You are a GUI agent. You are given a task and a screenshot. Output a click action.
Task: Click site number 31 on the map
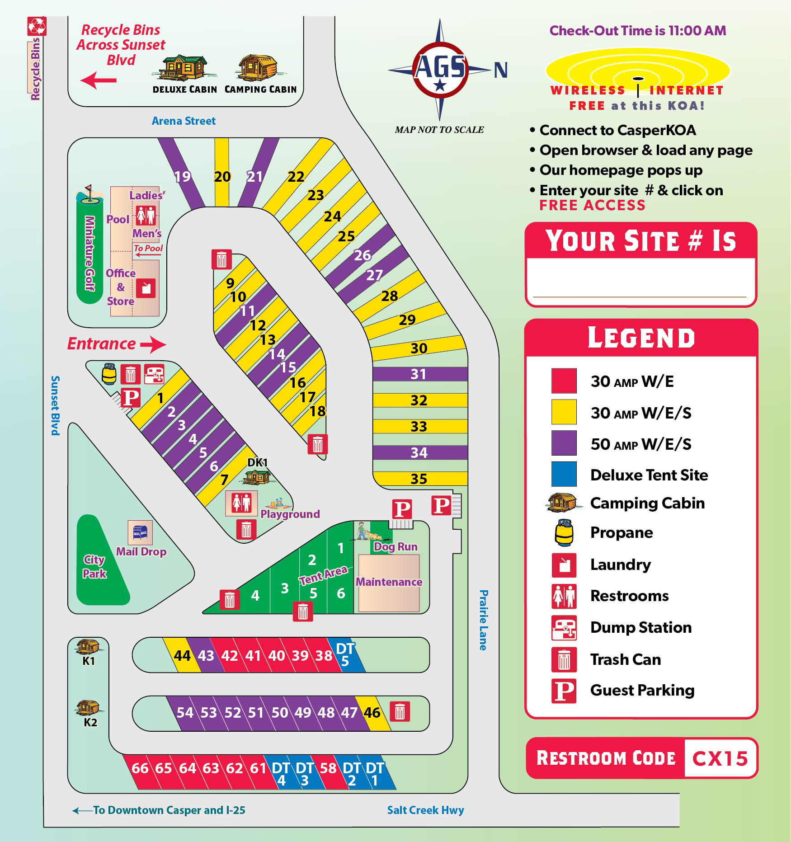pos(418,374)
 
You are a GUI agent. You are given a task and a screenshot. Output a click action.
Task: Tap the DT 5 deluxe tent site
pos(345,654)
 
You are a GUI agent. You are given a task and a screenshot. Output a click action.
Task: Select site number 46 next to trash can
pos(372,713)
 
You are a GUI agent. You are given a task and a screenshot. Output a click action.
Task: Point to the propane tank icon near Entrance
pos(109,374)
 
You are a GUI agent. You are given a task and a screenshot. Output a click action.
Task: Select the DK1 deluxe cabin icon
pos(257,476)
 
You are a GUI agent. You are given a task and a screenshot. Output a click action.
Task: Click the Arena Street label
pos(184,121)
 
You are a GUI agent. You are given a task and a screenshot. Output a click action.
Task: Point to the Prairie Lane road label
pos(483,620)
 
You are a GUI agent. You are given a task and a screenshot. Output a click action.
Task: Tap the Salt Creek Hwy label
pos(425,810)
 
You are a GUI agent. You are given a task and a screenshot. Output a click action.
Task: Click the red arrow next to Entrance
pos(153,344)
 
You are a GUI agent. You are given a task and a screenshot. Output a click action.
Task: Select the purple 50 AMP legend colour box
pos(564,443)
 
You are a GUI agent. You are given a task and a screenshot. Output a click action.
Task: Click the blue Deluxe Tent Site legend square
pos(564,474)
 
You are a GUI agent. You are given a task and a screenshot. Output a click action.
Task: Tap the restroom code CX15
pos(720,758)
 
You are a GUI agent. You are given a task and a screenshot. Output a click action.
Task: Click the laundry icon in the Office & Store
pos(146,288)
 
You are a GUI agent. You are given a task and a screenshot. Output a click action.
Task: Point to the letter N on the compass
pos(500,70)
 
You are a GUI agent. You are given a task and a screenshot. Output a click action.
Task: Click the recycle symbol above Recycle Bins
pos(37,26)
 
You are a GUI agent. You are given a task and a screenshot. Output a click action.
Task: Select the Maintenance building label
pos(389,582)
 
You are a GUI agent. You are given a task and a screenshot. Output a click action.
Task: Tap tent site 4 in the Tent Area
pos(255,596)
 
